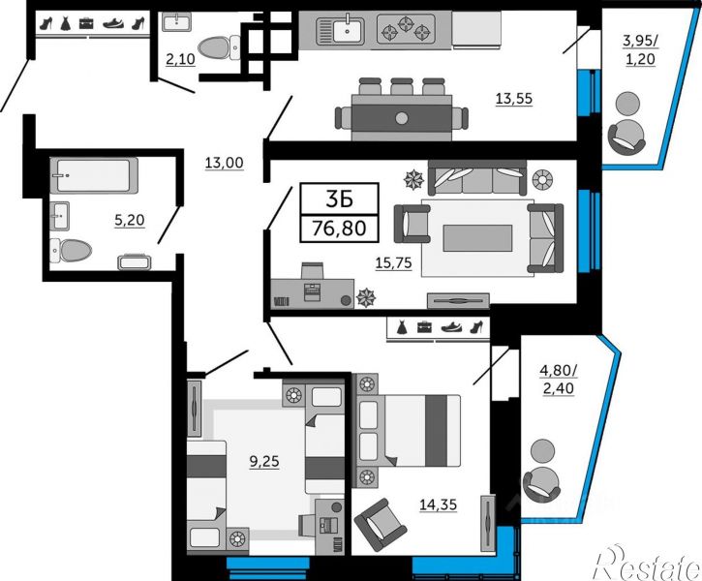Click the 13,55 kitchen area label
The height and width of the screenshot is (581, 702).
(514, 98)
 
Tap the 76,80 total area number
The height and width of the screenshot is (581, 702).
(339, 229)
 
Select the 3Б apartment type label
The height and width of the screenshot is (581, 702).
(339, 199)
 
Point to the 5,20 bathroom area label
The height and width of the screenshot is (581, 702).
(130, 220)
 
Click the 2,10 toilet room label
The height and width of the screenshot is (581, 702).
(180, 59)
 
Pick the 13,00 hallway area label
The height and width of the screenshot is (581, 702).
(225, 163)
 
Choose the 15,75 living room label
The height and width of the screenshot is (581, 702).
(393, 263)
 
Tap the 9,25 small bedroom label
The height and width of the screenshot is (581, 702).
(264, 461)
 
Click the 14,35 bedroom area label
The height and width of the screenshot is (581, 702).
(438, 505)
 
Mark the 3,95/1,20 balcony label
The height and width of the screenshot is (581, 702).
(640, 49)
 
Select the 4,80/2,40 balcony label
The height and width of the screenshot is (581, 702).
(559, 380)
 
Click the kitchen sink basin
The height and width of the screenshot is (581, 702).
(347, 30)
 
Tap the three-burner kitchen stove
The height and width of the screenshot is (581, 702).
(406, 29)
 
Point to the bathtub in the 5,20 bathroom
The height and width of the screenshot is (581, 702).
(94, 175)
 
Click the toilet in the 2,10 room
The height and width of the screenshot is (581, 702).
(220, 47)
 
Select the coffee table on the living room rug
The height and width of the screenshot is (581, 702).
(477, 238)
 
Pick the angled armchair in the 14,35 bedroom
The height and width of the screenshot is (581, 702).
(381, 525)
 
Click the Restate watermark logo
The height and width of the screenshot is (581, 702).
(647, 564)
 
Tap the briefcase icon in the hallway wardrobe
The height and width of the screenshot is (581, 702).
(86, 23)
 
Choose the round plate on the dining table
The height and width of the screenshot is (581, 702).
(402, 118)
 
